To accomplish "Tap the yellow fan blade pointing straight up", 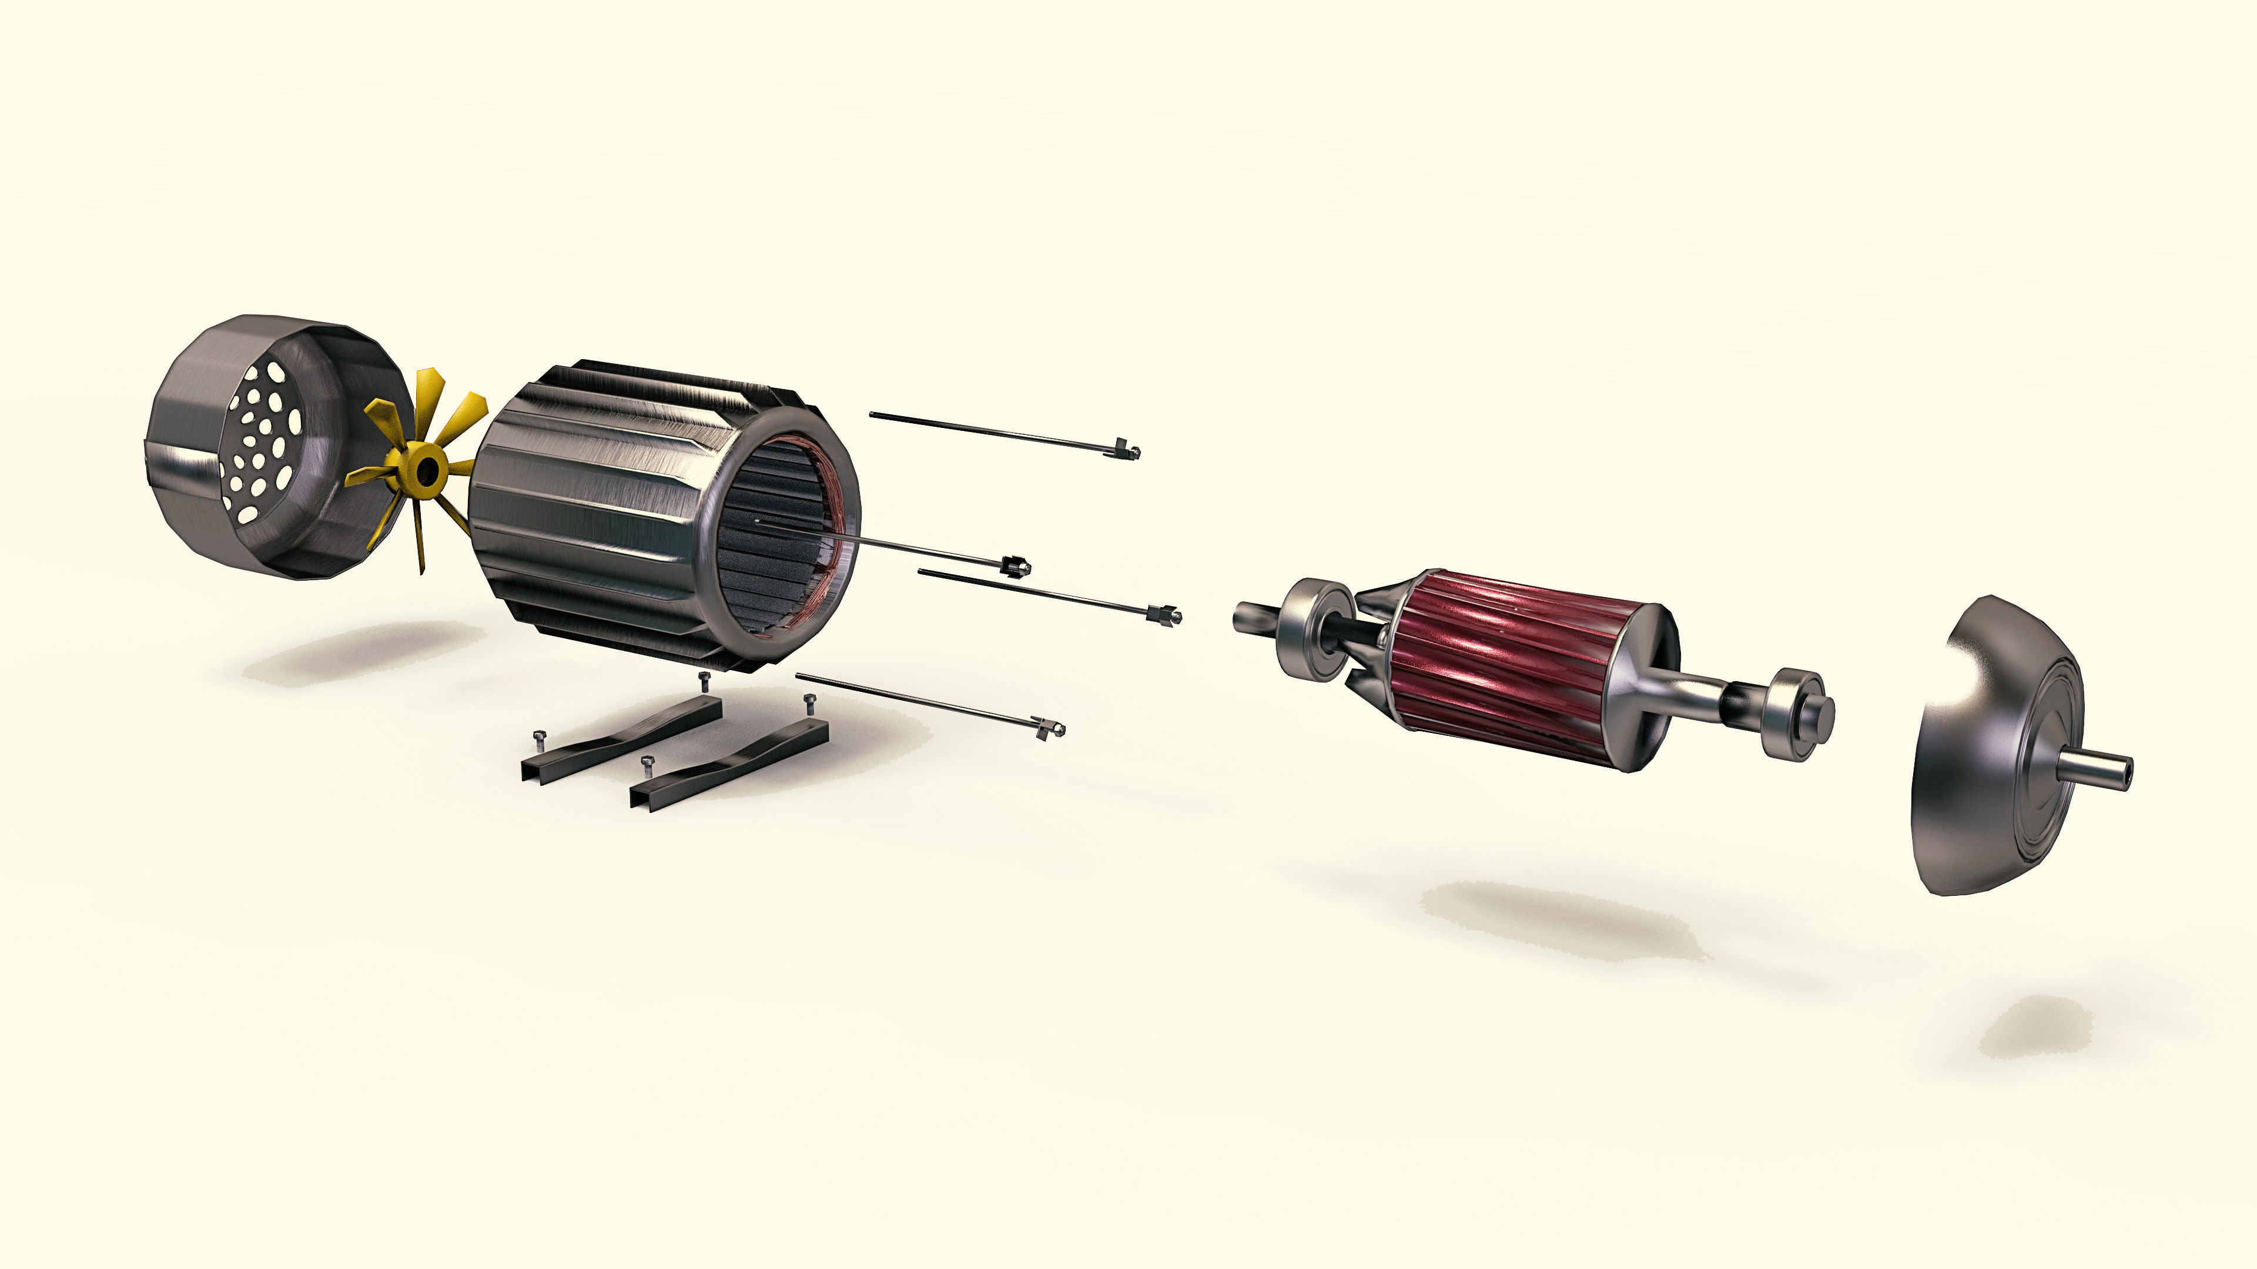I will click(428, 399).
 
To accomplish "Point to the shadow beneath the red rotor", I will click(1559, 920).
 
